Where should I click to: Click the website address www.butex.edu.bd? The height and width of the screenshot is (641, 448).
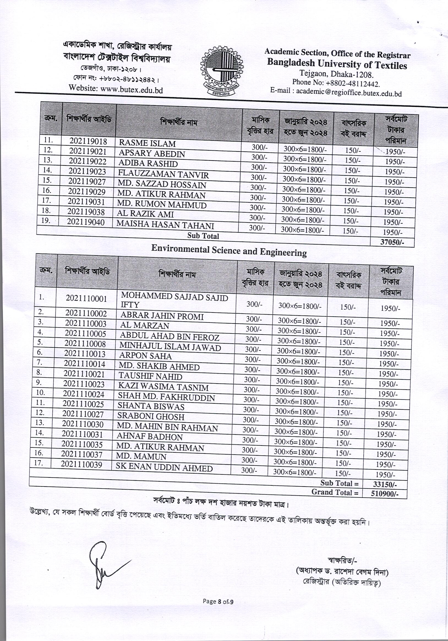pyautogui.click(x=116, y=89)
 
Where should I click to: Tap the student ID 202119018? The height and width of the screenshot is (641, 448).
pyautogui.click(x=88, y=141)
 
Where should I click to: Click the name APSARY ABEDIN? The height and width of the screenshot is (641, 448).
pyautogui.click(x=152, y=154)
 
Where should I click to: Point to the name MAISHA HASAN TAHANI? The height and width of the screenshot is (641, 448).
pyautogui.click(x=165, y=225)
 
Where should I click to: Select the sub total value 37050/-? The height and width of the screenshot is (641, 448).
pyautogui.click(x=392, y=242)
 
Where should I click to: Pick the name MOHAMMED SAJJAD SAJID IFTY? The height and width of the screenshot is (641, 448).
pyautogui.click(x=174, y=300)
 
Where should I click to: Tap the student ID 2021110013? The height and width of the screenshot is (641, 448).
pyautogui.click(x=85, y=354)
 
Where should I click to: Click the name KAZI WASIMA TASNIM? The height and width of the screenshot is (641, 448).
pyautogui.click(x=163, y=387)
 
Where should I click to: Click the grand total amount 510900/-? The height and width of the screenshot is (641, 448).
pyautogui.click(x=385, y=494)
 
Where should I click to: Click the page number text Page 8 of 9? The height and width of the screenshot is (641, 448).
pyautogui.click(x=218, y=601)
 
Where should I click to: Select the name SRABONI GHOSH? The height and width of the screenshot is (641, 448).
pyautogui.click(x=151, y=417)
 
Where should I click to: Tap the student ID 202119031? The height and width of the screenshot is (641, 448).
pyautogui.click(x=86, y=202)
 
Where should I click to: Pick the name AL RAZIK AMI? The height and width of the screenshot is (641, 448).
pyautogui.click(x=145, y=214)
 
